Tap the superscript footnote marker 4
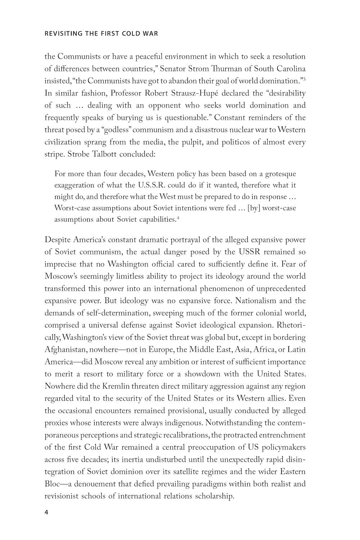(178, 218)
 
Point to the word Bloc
(52, 484)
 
